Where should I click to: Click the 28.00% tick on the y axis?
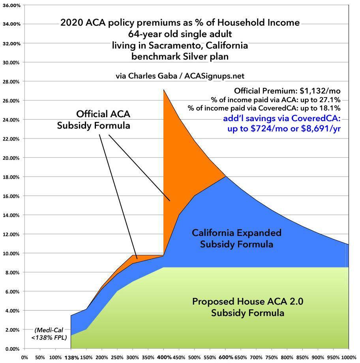(x=11, y=81)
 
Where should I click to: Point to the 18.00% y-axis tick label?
(x=11, y=177)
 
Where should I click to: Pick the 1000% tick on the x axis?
(x=349, y=357)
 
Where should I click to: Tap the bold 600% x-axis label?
(x=225, y=357)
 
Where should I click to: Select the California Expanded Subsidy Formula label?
(x=236, y=238)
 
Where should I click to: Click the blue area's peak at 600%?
(x=225, y=176)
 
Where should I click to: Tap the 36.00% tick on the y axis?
(x=11, y=5)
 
